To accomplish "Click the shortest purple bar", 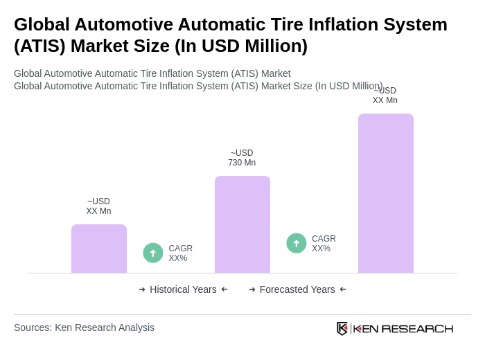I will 99,249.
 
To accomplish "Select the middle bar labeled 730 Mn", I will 242,224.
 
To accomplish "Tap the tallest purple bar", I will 385,193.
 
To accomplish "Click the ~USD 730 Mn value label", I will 242,158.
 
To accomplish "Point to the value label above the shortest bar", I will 98,206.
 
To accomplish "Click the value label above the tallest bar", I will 385,96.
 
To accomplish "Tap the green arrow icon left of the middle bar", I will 153,253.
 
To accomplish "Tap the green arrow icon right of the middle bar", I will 297,243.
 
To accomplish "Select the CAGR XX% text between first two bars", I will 180,253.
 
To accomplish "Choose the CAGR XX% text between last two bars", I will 324,244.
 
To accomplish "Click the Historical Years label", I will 183,289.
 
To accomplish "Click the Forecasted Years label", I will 297,289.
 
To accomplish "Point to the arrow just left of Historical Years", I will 142,289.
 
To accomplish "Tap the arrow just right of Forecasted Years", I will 343,289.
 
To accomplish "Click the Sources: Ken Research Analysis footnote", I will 84,327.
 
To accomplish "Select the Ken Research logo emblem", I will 342,328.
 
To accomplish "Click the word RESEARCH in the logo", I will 417,328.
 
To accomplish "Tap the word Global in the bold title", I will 42,24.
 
